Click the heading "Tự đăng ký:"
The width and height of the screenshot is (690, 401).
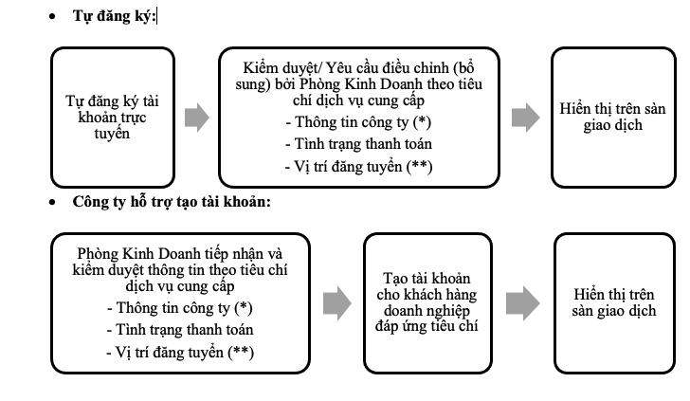[x=115, y=17]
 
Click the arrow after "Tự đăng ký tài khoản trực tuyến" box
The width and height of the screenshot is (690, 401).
[x=194, y=117]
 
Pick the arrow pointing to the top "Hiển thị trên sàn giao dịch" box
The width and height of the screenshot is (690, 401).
[x=525, y=117]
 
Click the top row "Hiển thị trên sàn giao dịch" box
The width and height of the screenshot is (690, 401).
[x=612, y=117]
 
